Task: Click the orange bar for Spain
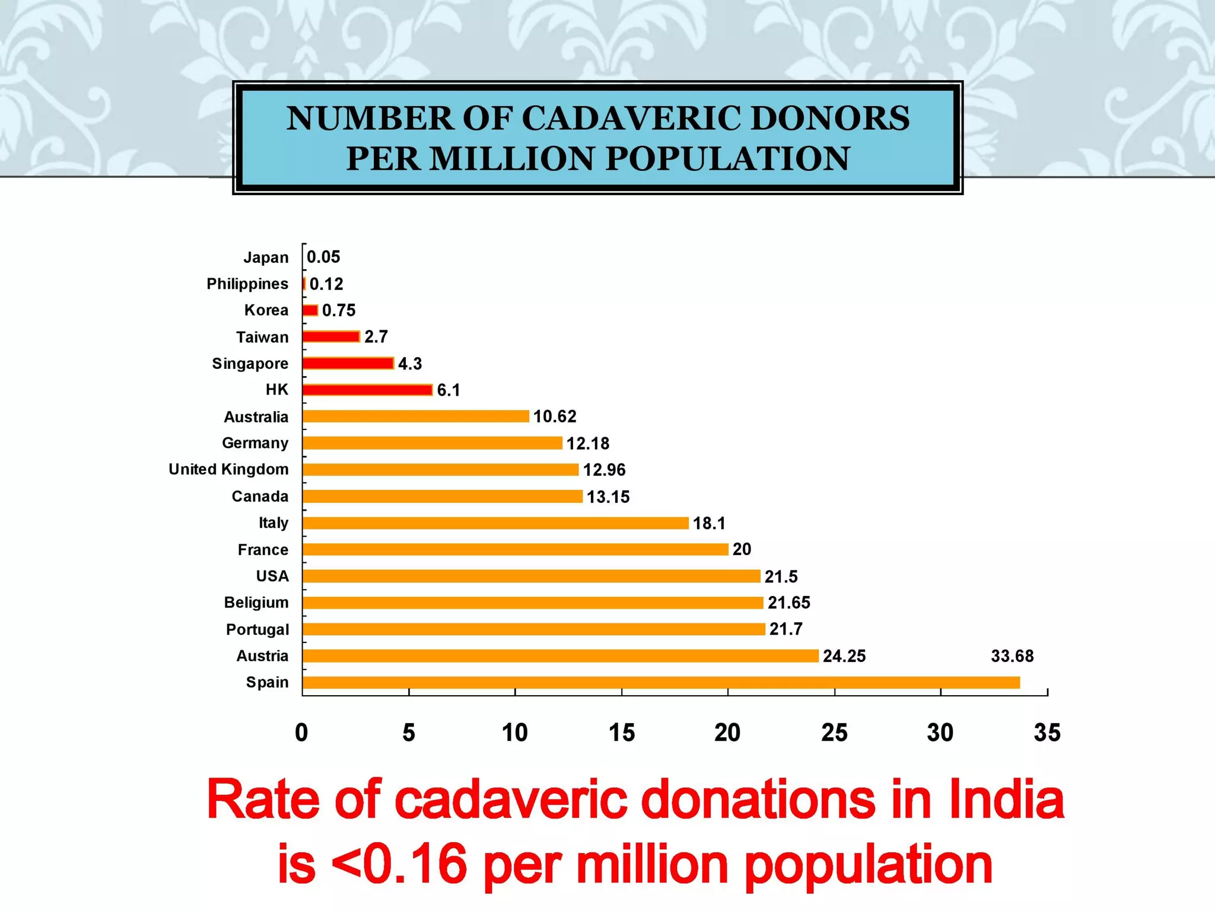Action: [x=661, y=683]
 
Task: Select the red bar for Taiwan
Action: [x=331, y=337]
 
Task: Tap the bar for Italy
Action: [x=495, y=523]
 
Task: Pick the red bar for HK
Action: [x=367, y=390]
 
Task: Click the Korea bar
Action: [x=310, y=310]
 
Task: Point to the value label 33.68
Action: [x=1012, y=656]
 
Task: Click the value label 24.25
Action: [x=844, y=656]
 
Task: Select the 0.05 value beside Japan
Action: [x=323, y=257]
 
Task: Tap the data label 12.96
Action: [x=604, y=470]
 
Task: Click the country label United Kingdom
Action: [x=228, y=469]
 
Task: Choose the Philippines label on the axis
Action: [x=247, y=284]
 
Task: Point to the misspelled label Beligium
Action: [x=256, y=603]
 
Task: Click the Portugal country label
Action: [x=257, y=629]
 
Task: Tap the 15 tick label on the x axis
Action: [x=621, y=733]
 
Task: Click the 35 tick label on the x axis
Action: [x=1047, y=733]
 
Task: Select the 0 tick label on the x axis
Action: [x=301, y=733]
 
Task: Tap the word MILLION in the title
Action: [x=511, y=158]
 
